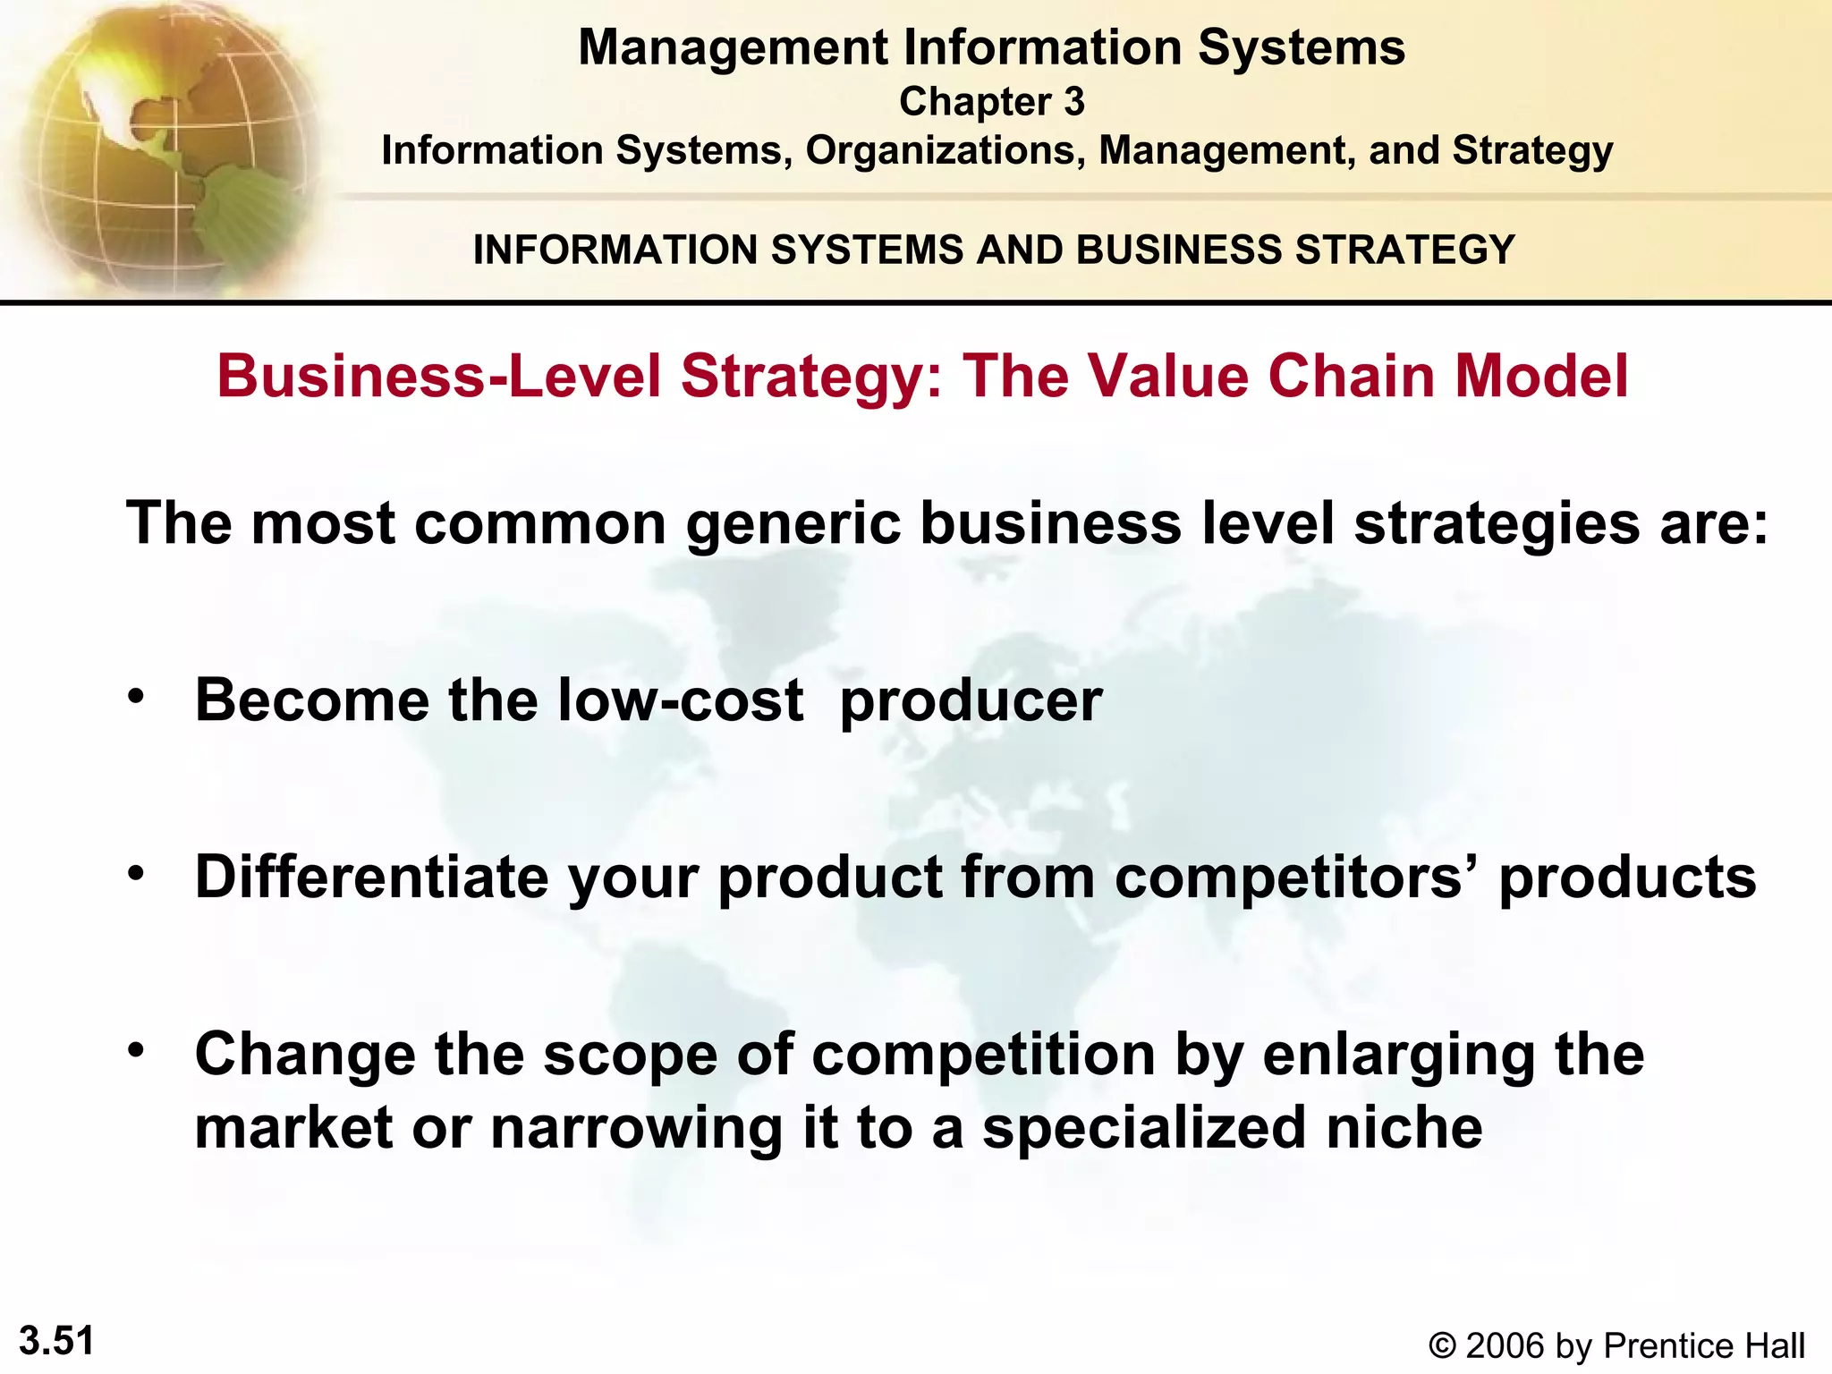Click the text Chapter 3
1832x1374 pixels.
tap(991, 102)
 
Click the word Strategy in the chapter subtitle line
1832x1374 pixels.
tap(1532, 150)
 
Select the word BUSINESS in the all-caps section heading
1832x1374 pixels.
tap(1178, 250)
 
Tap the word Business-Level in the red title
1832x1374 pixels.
tap(438, 376)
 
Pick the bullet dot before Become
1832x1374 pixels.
tap(135, 697)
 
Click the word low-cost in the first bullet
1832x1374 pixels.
tap(680, 700)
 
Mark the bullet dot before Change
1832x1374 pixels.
tap(135, 1050)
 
